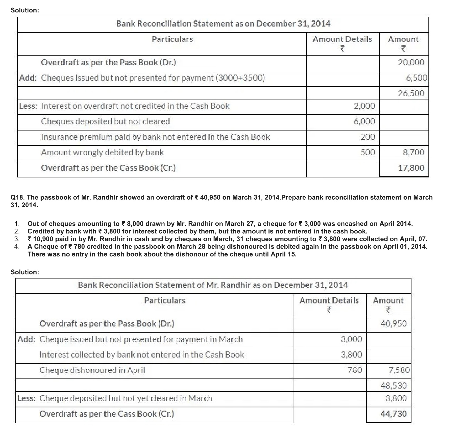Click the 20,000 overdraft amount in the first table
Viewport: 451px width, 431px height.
point(411,63)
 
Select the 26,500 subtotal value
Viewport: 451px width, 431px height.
point(411,93)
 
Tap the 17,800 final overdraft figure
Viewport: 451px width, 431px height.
point(411,168)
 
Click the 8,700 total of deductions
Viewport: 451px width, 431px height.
point(413,153)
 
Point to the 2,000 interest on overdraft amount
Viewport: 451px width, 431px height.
point(365,106)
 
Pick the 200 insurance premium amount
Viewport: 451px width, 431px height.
point(368,137)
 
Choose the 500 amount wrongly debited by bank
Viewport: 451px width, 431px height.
point(368,153)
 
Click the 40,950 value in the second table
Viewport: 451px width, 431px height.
point(393,324)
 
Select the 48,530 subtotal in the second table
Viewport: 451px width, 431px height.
point(393,386)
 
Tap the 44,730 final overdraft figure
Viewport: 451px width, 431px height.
point(393,414)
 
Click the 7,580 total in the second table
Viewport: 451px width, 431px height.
point(399,370)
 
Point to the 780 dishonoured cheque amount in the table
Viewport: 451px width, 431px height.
point(355,370)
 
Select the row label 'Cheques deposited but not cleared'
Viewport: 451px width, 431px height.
point(105,122)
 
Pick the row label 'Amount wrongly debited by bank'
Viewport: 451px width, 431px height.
point(102,153)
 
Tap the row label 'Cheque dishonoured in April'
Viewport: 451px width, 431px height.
point(92,370)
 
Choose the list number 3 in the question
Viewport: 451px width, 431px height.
point(17,239)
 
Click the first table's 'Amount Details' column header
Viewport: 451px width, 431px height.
point(342,40)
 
